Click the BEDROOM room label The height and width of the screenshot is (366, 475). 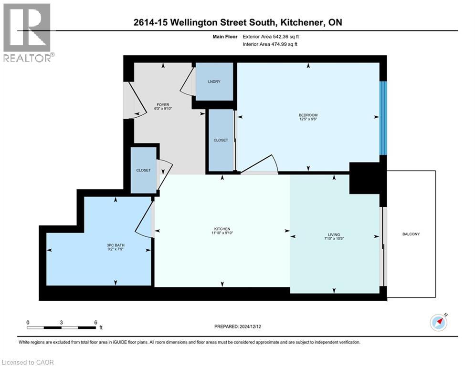(x=308, y=115)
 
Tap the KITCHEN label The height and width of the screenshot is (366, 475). (x=222, y=229)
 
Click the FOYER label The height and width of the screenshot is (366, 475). (x=163, y=105)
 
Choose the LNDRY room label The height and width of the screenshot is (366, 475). (x=214, y=81)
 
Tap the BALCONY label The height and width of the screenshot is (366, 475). (x=411, y=234)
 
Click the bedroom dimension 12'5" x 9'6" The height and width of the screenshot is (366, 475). (x=308, y=120)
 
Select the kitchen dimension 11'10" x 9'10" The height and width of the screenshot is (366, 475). (x=222, y=233)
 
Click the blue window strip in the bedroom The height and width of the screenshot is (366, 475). (x=383, y=118)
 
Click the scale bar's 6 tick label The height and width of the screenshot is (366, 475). (x=95, y=322)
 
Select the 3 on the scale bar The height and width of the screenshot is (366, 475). (x=62, y=322)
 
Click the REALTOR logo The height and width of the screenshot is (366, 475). (x=27, y=32)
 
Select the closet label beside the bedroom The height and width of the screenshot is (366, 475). (x=221, y=140)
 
